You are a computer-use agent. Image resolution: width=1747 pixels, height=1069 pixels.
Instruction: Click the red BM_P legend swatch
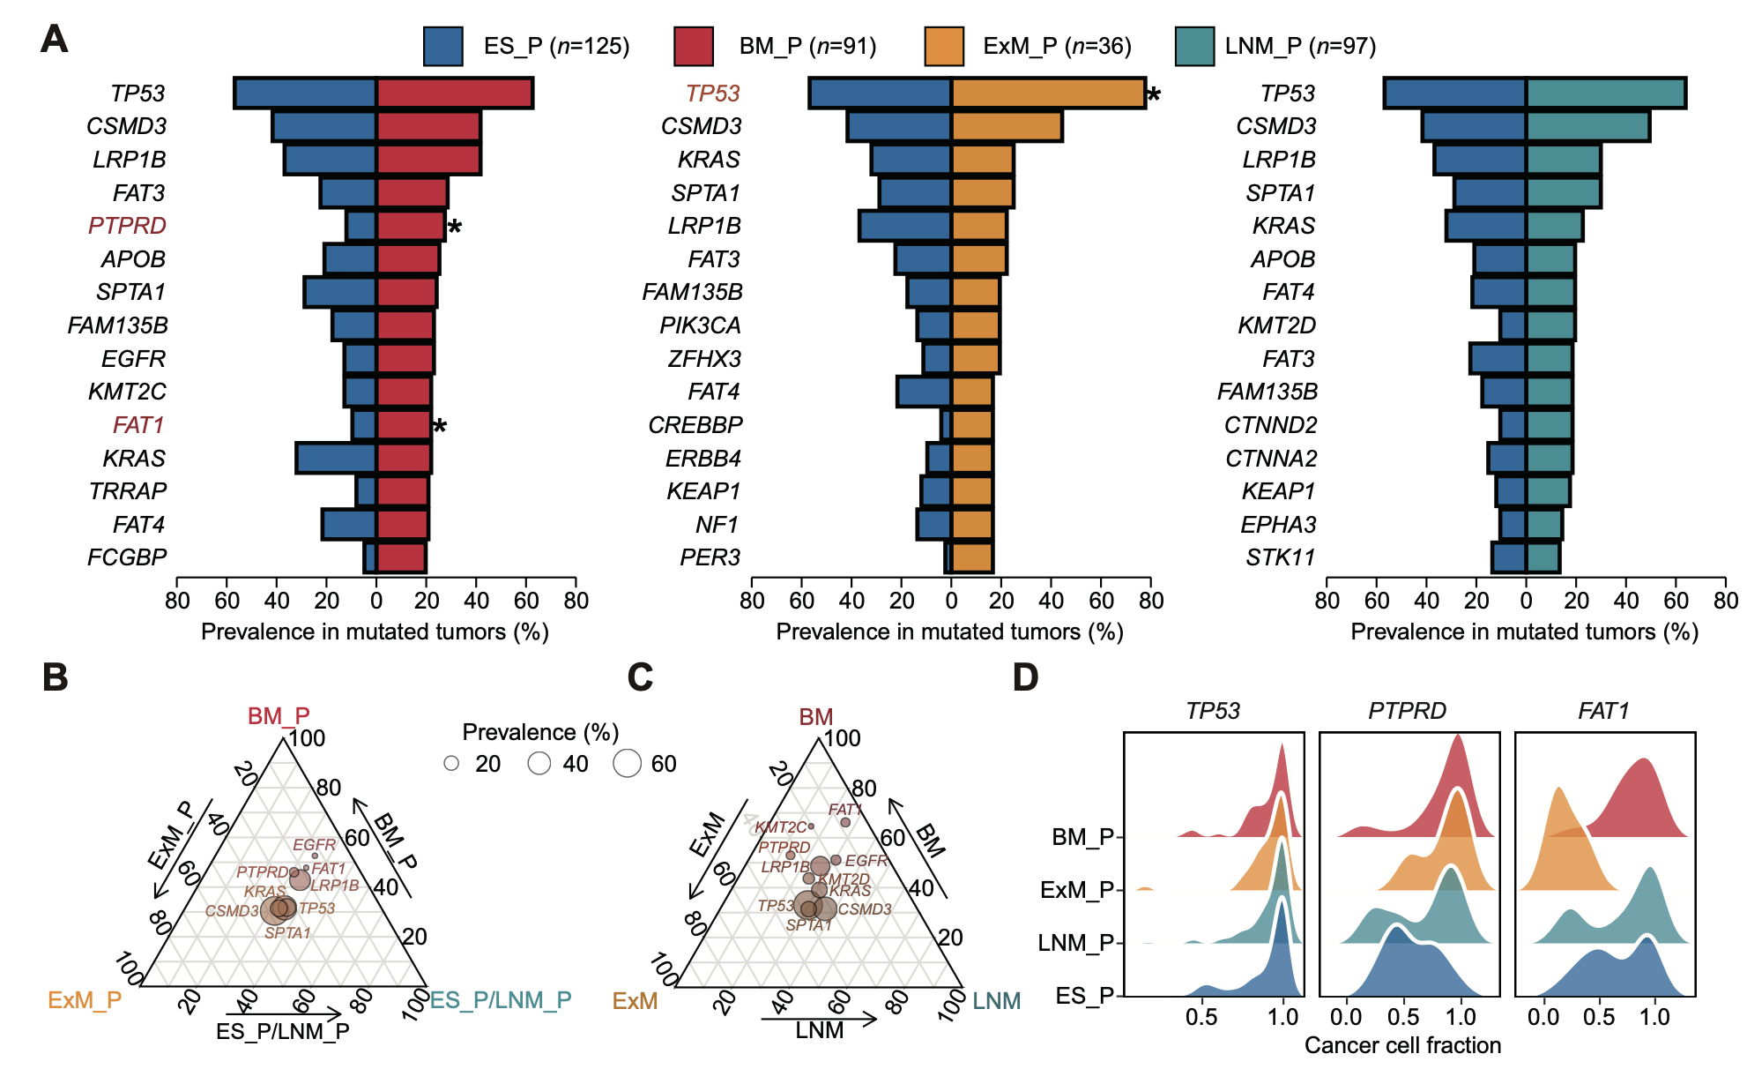(x=693, y=46)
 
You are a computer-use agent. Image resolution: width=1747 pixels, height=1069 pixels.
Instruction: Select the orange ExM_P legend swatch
(x=944, y=46)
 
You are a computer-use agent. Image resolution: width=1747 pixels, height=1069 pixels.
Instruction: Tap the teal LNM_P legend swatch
(x=1194, y=46)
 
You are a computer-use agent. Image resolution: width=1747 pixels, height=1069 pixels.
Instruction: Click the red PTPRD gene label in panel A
(x=127, y=226)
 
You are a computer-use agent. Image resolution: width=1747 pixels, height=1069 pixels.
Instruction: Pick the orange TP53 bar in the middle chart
(x=1048, y=93)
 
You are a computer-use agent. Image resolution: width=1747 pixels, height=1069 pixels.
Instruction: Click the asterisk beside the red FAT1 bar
(x=440, y=428)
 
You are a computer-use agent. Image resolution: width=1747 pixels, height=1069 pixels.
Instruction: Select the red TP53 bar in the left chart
(x=455, y=93)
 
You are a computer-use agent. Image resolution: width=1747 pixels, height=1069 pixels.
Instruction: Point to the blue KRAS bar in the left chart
(x=337, y=459)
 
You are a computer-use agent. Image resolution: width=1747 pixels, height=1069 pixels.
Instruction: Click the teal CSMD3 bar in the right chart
(x=1587, y=127)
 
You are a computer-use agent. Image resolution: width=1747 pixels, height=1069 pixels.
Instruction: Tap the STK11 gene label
(x=1280, y=557)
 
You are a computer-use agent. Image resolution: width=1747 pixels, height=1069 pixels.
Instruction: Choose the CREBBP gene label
(x=695, y=425)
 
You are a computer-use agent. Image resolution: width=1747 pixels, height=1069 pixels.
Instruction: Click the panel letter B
(x=55, y=677)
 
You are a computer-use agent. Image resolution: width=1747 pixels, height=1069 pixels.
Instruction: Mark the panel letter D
(x=1025, y=677)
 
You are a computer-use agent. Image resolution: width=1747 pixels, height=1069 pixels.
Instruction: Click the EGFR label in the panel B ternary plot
(x=314, y=845)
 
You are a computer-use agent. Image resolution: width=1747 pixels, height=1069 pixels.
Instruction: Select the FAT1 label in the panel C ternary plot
(x=845, y=810)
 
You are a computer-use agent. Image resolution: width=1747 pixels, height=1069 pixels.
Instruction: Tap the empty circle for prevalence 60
(x=627, y=763)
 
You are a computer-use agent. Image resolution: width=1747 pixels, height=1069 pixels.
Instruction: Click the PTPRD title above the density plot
(x=1407, y=711)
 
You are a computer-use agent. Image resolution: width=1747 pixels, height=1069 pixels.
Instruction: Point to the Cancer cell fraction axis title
(x=1402, y=1045)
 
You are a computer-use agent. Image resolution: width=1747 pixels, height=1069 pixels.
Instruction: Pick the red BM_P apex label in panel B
(x=279, y=715)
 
